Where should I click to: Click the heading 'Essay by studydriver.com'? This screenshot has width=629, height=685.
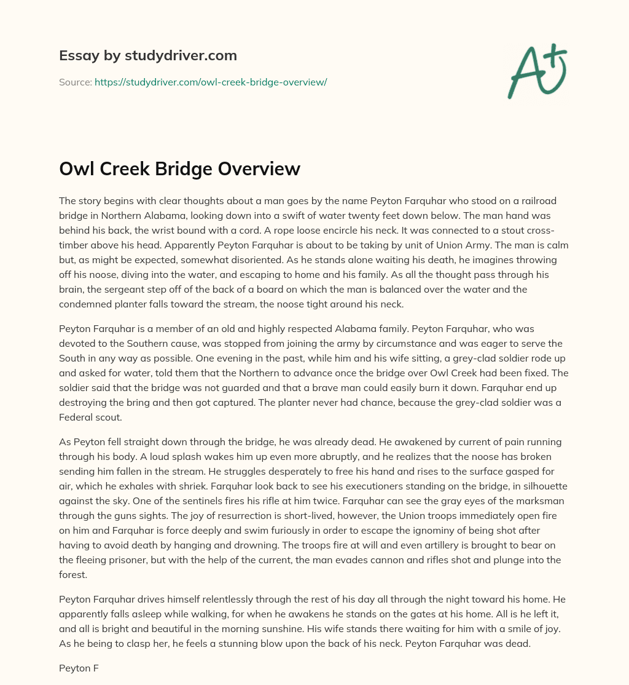coord(148,56)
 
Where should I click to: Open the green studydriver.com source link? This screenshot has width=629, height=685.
coord(211,82)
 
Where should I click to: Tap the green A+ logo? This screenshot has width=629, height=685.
coord(536,69)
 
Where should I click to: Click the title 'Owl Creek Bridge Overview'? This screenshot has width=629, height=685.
coord(179,169)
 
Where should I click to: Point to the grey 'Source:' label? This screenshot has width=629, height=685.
coord(76,82)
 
